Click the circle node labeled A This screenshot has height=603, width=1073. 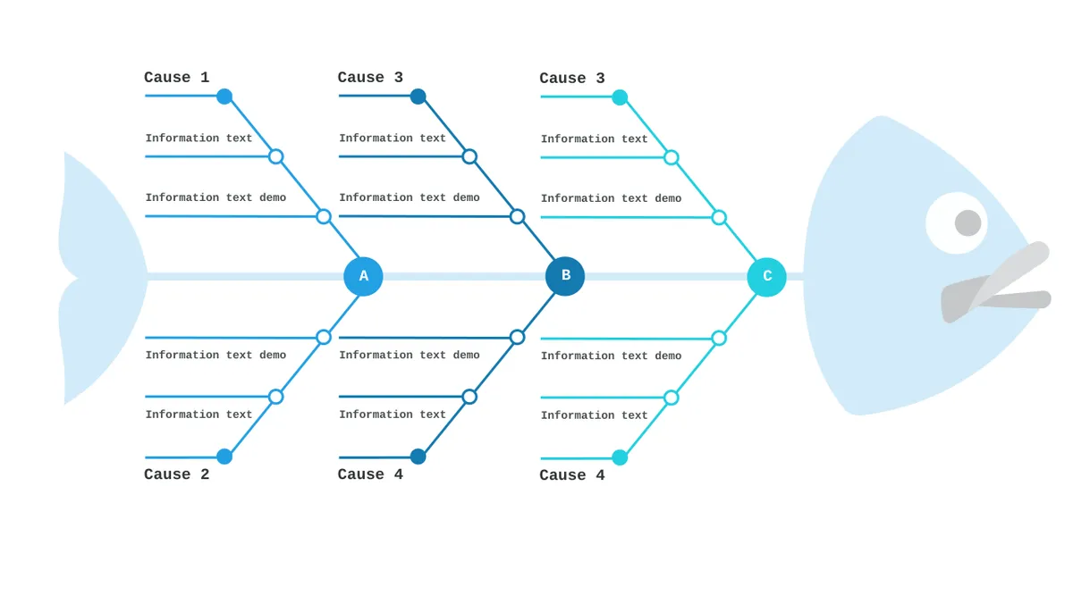[x=363, y=277]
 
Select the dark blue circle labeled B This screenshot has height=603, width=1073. [x=565, y=276]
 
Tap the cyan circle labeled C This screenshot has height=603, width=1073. [x=766, y=277]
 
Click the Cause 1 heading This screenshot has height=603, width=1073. [x=177, y=78]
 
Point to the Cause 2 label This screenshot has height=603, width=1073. [x=177, y=474]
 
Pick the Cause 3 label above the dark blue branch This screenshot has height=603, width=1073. [x=370, y=78]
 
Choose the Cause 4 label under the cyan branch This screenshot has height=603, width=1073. [x=572, y=475]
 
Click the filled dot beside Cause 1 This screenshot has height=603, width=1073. [x=224, y=96]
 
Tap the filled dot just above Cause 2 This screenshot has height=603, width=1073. [x=224, y=456]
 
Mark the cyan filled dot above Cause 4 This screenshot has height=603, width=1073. [x=620, y=457]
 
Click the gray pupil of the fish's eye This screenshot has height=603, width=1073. [x=967, y=223]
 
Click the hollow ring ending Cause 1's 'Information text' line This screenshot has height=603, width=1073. [x=276, y=156]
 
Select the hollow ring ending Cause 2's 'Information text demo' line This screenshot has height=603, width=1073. [x=324, y=338]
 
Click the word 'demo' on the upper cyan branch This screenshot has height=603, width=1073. [x=668, y=198]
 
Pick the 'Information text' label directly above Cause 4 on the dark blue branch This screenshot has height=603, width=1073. [x=393, y=415]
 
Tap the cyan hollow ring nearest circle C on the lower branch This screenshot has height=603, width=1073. [x=719, y=339]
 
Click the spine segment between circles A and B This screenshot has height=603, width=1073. [x=464, y=277]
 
